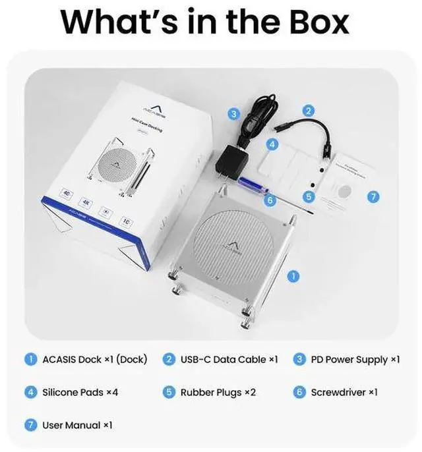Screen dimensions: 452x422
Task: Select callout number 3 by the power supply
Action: pos(233,114)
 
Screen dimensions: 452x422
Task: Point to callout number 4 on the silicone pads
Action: pos(272,143)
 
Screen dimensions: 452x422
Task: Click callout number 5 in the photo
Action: pos(309,196)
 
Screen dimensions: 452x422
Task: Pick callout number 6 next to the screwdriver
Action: pos(268,199)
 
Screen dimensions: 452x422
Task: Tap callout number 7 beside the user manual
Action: pos(373,197)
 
